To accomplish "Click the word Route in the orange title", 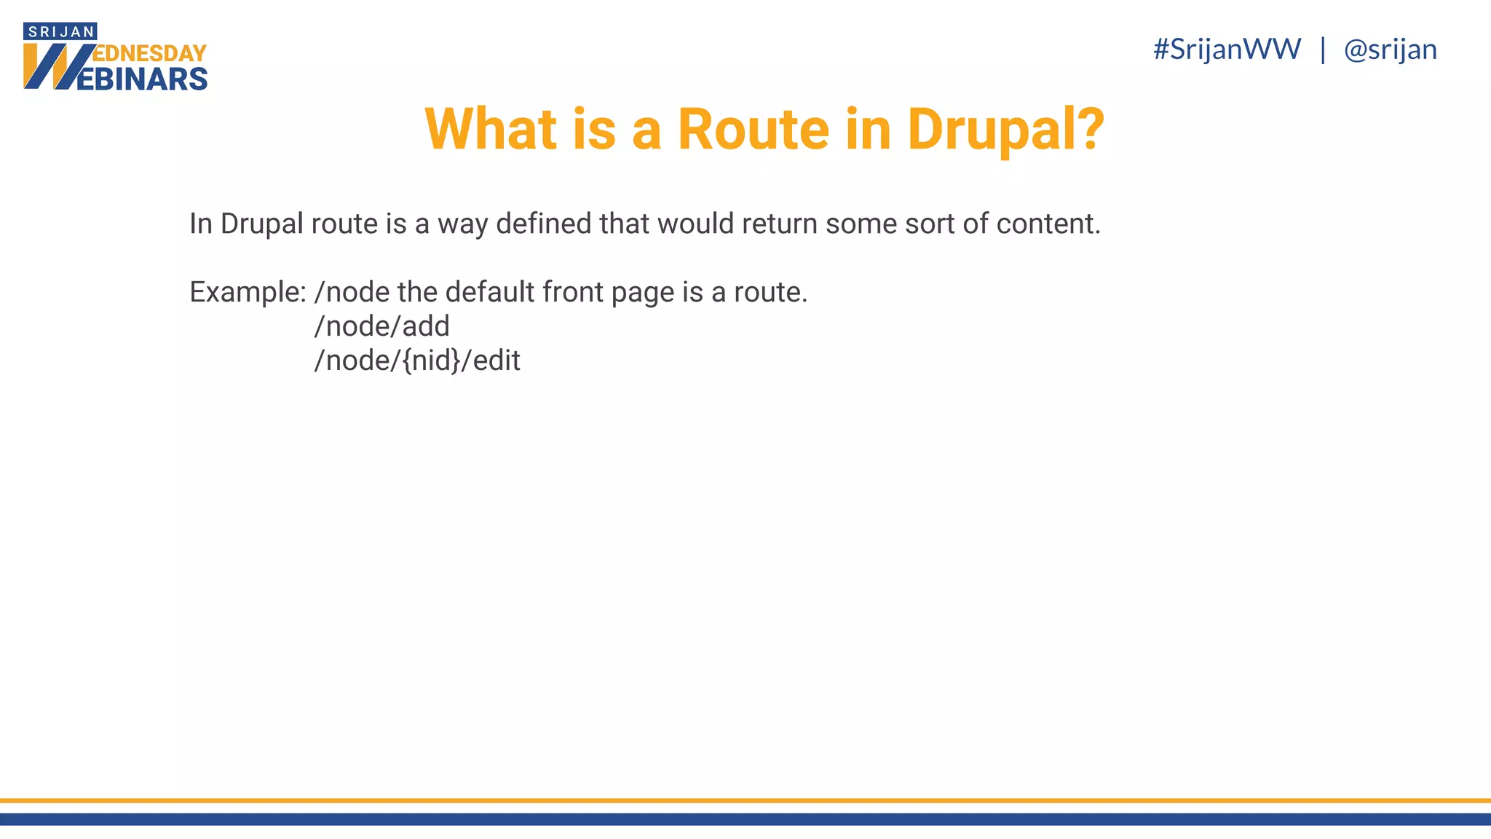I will click(x=753, y=130).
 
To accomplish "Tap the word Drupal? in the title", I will click(x=1005, y=130).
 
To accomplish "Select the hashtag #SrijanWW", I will click(x=1227, y=50).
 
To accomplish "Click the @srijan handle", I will click(x=1390, y=50).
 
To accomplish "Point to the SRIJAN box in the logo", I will click(x=60, y=31).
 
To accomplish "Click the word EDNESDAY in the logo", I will click(x=151, y=54).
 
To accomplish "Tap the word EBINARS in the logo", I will click(x=141, y=79).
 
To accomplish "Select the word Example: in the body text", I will click(x=248, y=292).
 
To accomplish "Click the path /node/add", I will click(x=381, y=326).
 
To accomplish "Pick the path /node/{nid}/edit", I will click(x=416, y=361).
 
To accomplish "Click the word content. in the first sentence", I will click(x=1048, y=224).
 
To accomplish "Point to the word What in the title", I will click(x=491, y=130).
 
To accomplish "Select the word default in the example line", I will click(x=490, y=292).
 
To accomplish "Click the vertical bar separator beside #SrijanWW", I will click(x=1323, y=50).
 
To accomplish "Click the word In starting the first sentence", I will click(x=201, y=224).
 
